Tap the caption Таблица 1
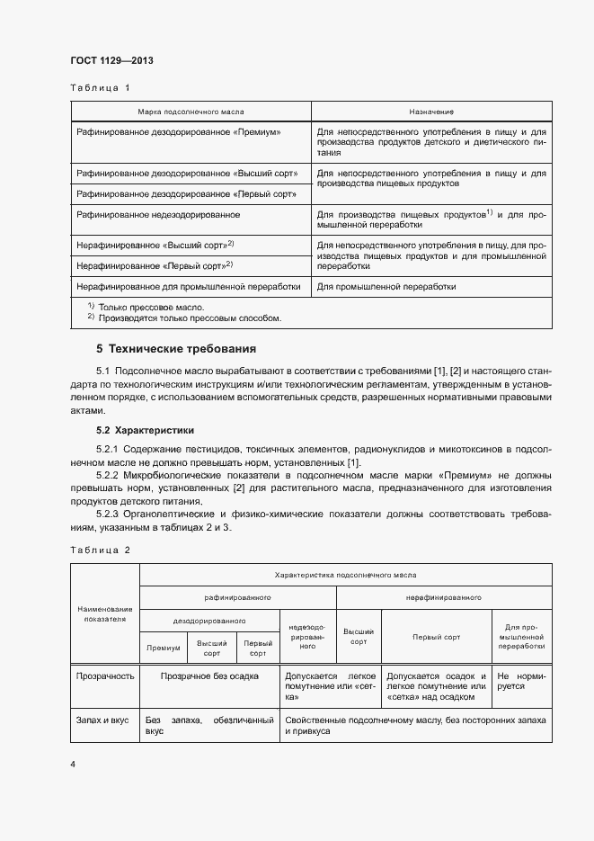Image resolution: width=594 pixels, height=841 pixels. coord(99,88)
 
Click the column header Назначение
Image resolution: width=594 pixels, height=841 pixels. coord(431,111)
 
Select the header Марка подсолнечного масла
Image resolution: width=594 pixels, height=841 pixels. coord(191,111)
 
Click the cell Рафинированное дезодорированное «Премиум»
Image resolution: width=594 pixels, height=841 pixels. coord(180,131)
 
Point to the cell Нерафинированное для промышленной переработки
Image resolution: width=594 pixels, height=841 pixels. coord(189,287)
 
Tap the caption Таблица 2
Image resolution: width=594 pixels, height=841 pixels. coord(99,550)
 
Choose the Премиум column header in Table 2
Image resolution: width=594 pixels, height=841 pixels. coord(164,648)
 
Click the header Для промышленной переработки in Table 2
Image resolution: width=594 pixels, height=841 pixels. coord(521,636)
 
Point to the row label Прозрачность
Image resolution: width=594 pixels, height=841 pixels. coord(104,675)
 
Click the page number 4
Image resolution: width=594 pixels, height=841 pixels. coord(73,764)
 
